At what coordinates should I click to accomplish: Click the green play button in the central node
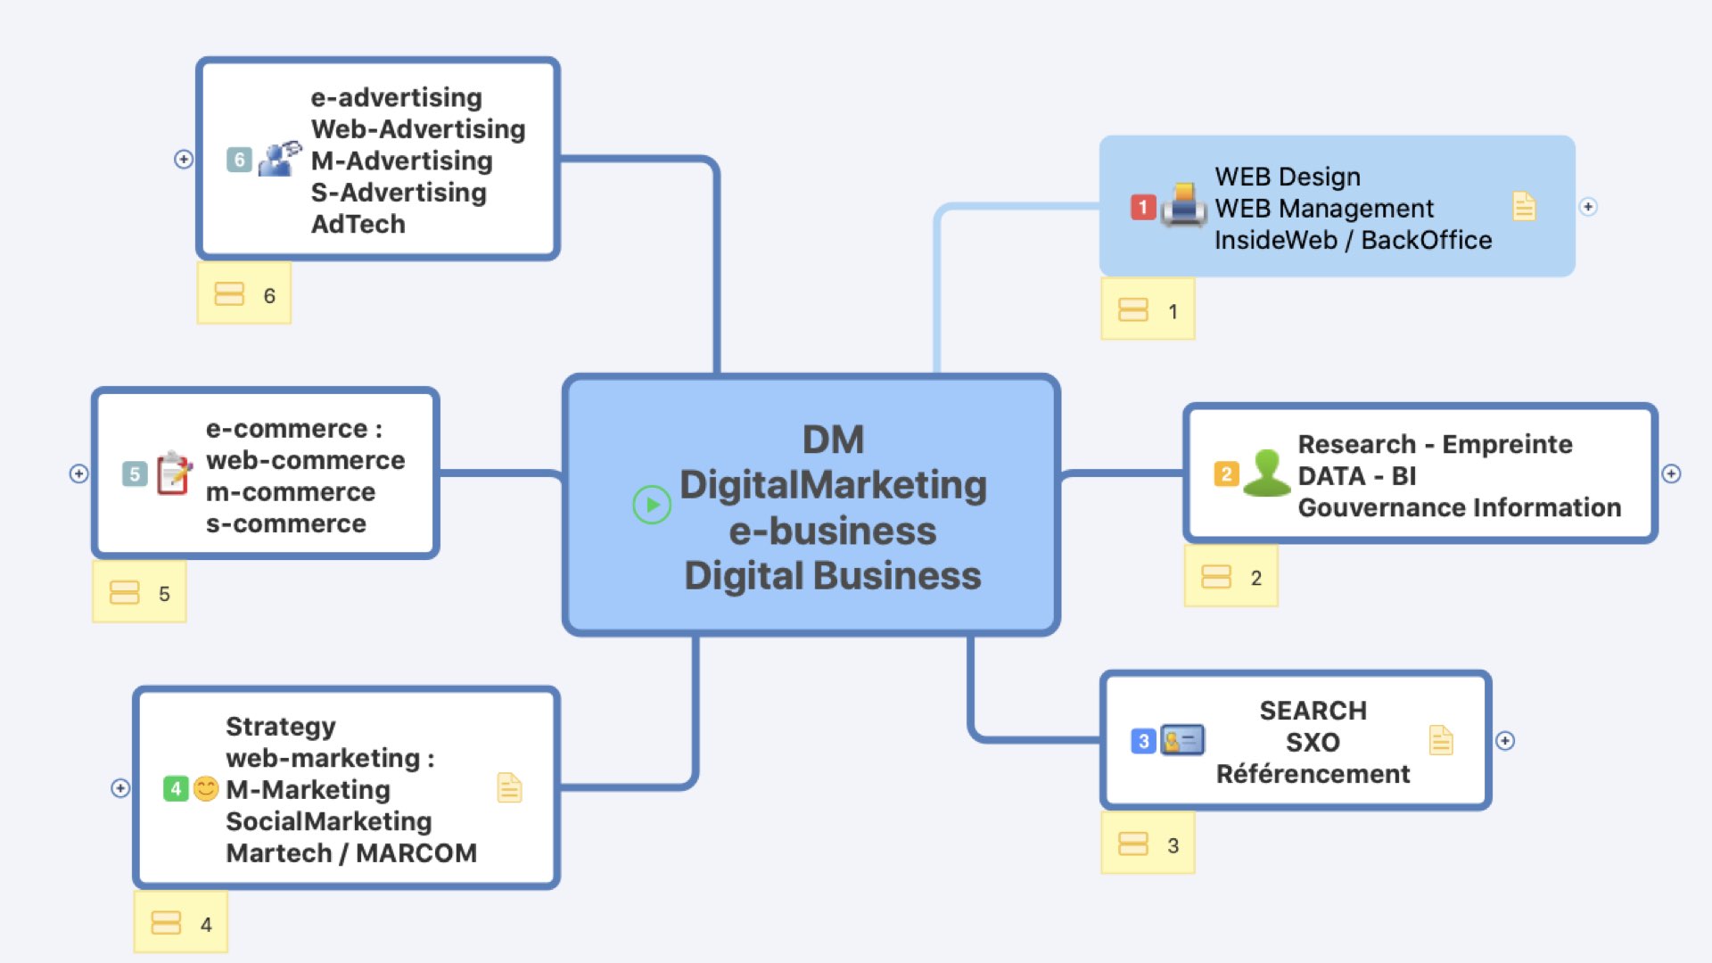coord(652,505)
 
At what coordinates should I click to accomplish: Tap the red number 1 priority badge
coord(1143,207)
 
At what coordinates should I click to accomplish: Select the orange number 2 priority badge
coord(1226,473)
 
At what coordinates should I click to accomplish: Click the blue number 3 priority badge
coord(1143,741)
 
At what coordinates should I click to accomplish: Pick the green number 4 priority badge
coord(176,788)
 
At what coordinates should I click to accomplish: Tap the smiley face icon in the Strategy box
coord(206,788)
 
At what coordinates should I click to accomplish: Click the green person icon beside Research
coord(1266,473)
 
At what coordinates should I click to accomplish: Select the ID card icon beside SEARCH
coord(1183,740)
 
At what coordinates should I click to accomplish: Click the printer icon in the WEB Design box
coord(1184,205)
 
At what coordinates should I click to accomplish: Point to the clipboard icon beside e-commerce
coord(174,473)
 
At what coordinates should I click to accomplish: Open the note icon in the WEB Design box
coord(1524,206)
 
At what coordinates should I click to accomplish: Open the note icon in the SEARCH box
coord(1441,740)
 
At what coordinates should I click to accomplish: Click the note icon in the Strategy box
coord(509,787)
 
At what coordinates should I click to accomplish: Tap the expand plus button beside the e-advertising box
coord(184,159)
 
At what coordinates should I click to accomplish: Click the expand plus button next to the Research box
coord(1672,473)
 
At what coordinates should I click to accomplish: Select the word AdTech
coord(358,224)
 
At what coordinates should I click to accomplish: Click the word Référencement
coord(1313,774)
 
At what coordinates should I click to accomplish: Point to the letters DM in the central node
coord(833,440)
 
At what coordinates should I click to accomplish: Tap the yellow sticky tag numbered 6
coord(244,294)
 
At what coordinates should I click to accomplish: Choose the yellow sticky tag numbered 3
coord(1148,844)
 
